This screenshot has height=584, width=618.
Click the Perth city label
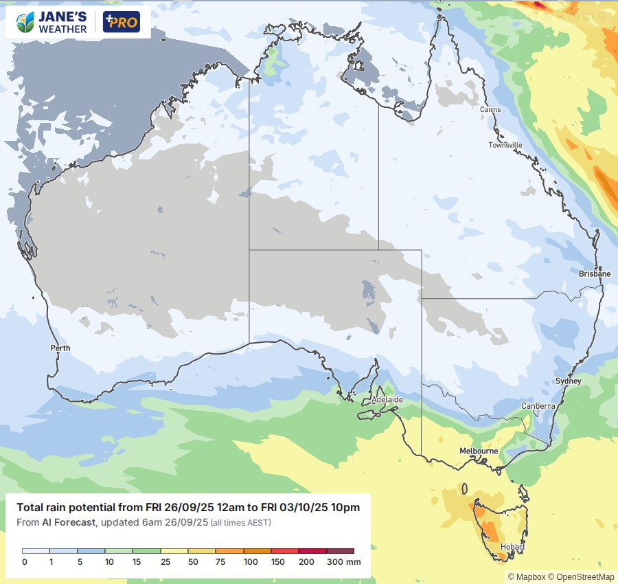click(x=60, y=348)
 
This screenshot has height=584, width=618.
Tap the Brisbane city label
click(x=594, y=273)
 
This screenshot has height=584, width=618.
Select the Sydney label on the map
click(x=568, y=381)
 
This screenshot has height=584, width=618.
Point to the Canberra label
click(x=538, y=406)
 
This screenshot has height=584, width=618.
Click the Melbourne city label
click(x=479, y=451)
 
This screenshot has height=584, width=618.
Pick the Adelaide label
click(x=387, y=399)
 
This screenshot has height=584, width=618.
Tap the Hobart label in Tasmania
click(x=513, y=547)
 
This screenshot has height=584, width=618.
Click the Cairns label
click(x=490, y=110)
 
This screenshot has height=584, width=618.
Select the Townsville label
click(x=505, y=145)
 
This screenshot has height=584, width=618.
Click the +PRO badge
click(x=121, y=22)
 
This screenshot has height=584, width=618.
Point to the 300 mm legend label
click(x=343, y=562)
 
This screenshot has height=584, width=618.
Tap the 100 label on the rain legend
click(x=251, y=562)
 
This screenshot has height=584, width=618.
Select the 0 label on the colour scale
click(x=24, y=562)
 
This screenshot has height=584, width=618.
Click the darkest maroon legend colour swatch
click(x=341, y=551)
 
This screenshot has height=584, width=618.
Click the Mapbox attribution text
click(x=525, y=577)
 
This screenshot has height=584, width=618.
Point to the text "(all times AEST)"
click(x=240, y=523)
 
